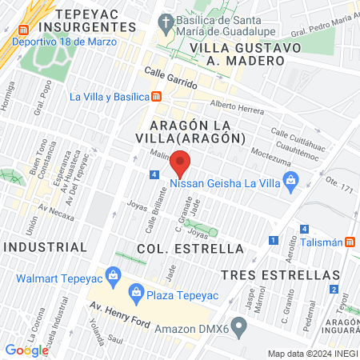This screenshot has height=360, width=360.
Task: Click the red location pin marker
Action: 181,163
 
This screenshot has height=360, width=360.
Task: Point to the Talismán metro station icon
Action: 350,242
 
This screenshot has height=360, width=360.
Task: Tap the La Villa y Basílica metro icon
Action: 156,97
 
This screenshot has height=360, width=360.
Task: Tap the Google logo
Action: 26,350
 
